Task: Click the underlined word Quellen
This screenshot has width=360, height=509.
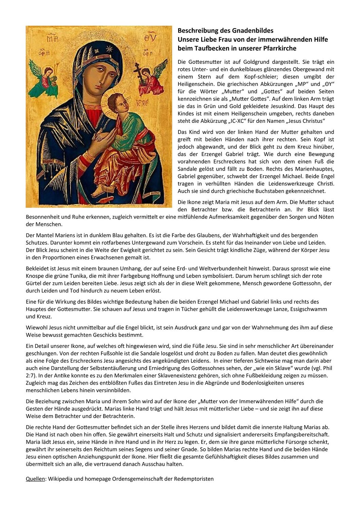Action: click(x=35, y=479)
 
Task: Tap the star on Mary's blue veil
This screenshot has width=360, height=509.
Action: click(x=110, y=49)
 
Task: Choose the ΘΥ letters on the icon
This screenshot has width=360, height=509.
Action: click(x=150, y=38)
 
